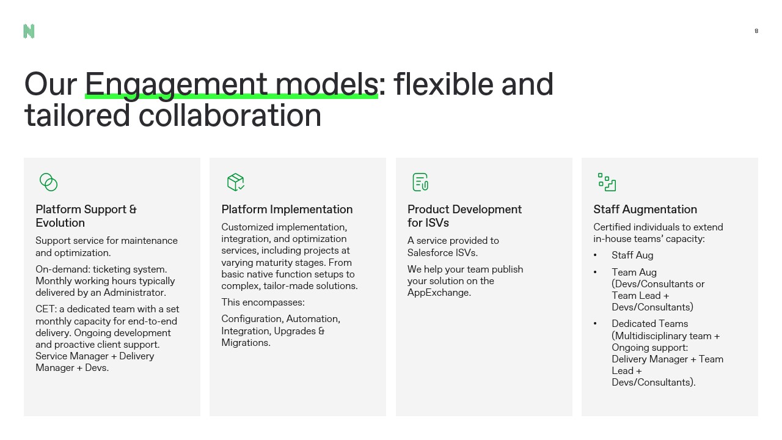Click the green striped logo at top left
(29, 31)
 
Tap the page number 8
(756, 31)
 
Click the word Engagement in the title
(176, 85)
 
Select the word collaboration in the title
(230, 116)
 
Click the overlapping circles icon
(48, 182)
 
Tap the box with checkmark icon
(236, 182)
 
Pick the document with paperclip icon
(420, 182)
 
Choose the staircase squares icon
(607, 182)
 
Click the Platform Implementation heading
(287, 209)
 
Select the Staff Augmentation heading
(645, 209)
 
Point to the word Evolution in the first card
(60, 223)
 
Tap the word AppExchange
(439, 293)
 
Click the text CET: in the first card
(46, 309)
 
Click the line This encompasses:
(263, 302)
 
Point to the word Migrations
(245, 343)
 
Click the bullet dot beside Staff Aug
(595, 255)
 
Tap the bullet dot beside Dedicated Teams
(595, 324)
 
